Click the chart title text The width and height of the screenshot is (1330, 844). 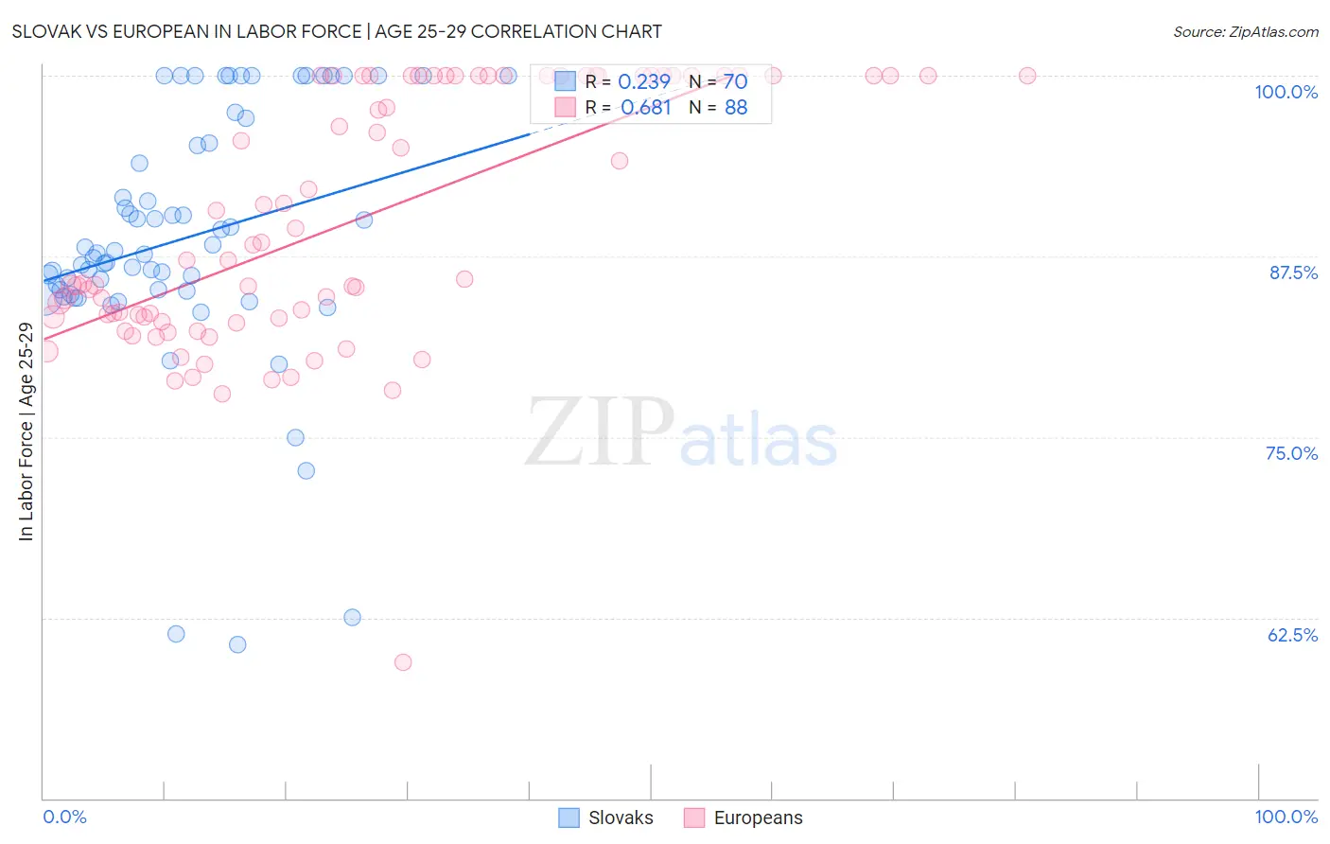click(337, 31)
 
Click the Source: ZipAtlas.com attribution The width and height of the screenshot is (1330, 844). click(1245, 31)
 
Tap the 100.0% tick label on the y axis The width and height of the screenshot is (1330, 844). click(1286, 92)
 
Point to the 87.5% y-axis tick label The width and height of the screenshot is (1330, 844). click(1293, 273)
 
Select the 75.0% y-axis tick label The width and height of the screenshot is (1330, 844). click(1291, 453)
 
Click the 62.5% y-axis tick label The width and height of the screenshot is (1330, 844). click(1292, 635)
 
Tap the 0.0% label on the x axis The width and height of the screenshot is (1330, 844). click(64, 817)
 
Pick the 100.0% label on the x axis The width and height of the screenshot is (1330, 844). click(1286, 817)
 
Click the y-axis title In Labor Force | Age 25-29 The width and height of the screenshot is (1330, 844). click(26, 431)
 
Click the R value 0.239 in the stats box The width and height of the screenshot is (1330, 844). click(644, 82)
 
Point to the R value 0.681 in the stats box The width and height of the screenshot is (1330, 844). click(646, 108)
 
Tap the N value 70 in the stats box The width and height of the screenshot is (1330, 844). click(735, 82)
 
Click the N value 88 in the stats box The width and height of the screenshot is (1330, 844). click(735, 108)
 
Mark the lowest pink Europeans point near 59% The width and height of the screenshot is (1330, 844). click(403, 662)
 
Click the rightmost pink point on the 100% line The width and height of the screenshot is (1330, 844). click(1027, 76)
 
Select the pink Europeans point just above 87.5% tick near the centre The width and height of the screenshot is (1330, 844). click(464, 279)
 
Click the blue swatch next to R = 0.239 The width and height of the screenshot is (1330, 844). click(566, 81)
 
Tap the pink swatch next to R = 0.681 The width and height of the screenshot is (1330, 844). click(566, 107)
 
